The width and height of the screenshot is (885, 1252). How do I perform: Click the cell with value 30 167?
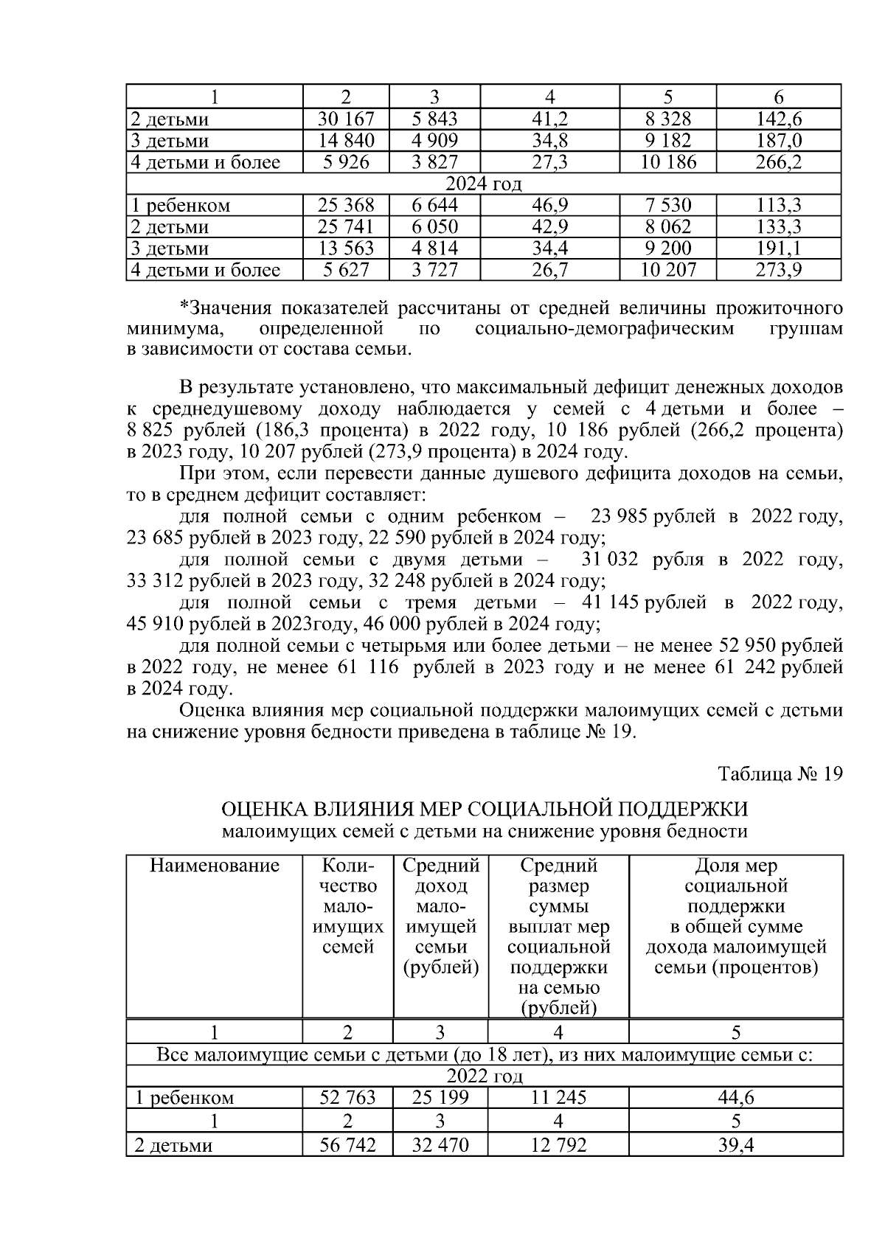click(x=346, y=119)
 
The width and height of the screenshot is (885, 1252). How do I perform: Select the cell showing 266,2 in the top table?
click(x=778, y=162)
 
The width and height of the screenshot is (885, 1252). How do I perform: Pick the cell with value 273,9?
click(x=778, y=270)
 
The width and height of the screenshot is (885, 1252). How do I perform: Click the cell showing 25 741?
click(x=346, y=226)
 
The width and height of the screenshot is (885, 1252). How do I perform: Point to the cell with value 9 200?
click(x=667, y=248)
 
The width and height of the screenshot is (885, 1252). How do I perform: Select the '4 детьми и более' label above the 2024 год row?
click(x=206, y=162)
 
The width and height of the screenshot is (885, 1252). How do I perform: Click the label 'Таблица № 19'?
click(x=780, y=774)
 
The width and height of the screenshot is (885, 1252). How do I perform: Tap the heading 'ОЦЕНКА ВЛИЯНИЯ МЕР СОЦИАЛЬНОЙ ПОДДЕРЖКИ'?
click(x=485, y=810)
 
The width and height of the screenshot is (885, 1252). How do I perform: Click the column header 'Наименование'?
click(x=214, y=866)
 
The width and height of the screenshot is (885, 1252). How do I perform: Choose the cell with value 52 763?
click(x=347, y=1098)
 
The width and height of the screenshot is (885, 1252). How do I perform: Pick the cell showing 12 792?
click(x=558, y=1145)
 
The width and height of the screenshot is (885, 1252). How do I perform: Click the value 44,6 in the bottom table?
click(x=735, y=1098)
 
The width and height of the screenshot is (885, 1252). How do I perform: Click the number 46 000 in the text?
click(x=397, y=625)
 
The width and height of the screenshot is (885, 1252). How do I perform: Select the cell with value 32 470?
click(x=440, y=1145)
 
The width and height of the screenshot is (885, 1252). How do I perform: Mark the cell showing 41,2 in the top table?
click(x=549, y=119)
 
